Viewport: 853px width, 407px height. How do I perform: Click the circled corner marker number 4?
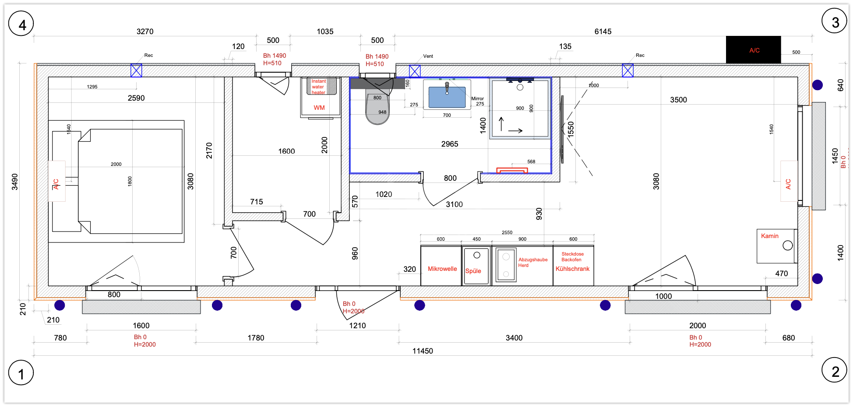pos(21,24)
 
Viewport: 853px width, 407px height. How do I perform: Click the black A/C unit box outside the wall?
pos(753,50)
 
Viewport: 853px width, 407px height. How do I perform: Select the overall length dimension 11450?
pos(423,351)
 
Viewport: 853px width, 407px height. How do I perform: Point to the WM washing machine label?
pos(319,108)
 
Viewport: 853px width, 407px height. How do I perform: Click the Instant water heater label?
pos(319,87)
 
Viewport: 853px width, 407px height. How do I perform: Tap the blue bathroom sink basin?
pos(447,97)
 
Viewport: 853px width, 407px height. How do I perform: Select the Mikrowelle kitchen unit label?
pos(442,269)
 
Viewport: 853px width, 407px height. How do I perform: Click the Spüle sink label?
pos(473,271)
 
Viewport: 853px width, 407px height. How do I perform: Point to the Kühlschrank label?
pos(573,269)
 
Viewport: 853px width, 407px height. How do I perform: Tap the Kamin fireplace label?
pos(770,236)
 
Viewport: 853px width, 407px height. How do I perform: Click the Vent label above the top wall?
pos(428,56)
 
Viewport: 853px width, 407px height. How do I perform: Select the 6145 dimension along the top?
pos(603,32)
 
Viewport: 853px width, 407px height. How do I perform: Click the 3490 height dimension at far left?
pos(15,182)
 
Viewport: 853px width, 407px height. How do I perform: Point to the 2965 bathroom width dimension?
pos(450,144)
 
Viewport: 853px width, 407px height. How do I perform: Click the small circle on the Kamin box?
pos(788,246)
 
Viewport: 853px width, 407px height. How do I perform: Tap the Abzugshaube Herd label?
pos(533,262)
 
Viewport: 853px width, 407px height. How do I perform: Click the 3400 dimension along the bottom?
pos(514,338)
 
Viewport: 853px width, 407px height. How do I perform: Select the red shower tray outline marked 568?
pos(512,170)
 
